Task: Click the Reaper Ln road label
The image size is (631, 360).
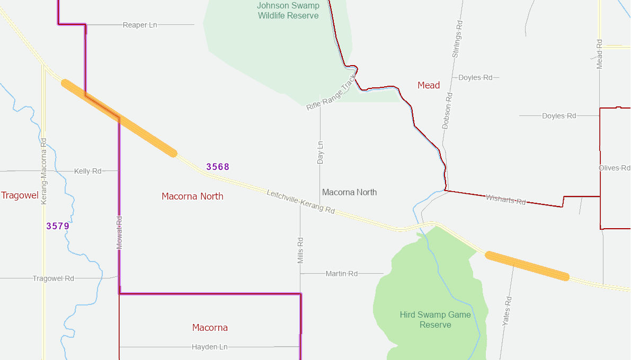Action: pos(140,25)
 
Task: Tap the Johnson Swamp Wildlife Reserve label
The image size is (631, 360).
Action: pos(288,11)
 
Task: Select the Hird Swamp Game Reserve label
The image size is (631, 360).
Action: pos(435,319)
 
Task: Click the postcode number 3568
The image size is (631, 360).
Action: pos(218,167)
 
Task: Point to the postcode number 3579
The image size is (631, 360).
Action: pos(58,226)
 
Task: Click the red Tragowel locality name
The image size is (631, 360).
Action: pos(20,195)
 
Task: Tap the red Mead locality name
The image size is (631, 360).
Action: pos(429,85)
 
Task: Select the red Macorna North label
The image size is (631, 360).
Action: pos(192,196)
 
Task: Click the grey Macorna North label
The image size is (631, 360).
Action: pos(349,192)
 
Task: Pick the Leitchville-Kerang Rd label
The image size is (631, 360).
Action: pos(300,202)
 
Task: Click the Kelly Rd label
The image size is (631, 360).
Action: pos(88,171)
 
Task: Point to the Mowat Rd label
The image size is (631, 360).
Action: pos(119,232)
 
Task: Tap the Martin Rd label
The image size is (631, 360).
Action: pos(342,274)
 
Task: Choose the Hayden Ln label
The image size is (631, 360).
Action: pos(209,347)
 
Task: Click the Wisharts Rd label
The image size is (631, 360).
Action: pos(506,200)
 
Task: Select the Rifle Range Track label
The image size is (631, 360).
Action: pos(331,93)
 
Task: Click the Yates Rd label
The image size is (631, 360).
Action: pos(506,311)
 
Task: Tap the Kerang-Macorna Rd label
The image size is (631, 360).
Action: pos(44,171)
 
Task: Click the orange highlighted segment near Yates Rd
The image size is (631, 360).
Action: pos(527,265)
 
